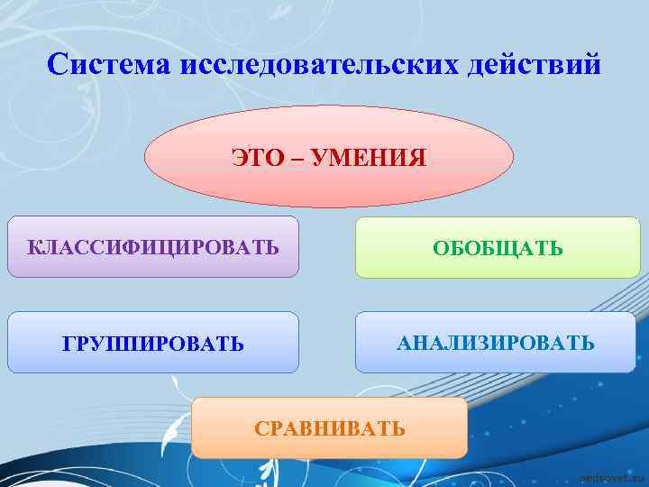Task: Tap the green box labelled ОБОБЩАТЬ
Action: [497, 264]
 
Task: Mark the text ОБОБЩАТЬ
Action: [498, 248]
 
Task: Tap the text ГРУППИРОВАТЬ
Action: [153, 345]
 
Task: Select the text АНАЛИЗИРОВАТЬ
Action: [495, 343]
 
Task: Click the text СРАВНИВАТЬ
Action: [330, 428]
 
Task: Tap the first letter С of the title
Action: [56, 66]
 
